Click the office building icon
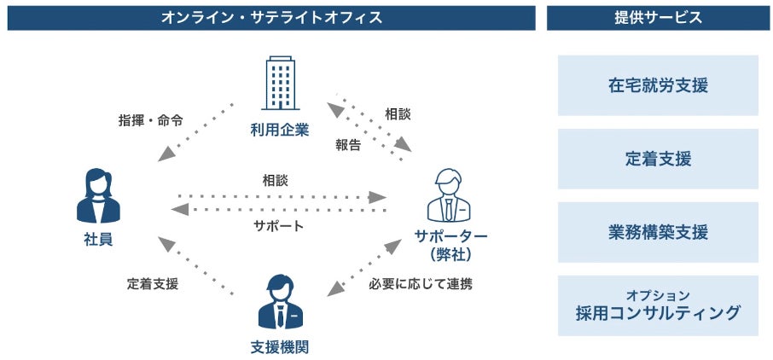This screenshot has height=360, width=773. point(279,85)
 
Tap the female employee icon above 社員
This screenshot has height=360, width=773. point(99,196)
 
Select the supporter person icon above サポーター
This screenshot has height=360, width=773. point(449,195)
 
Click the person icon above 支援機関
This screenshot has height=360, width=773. point(280,302)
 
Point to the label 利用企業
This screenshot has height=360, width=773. point(279,130)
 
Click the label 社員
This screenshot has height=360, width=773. point(98,240)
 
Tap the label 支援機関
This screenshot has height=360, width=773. point(279,345)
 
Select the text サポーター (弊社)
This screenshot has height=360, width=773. point(450,245)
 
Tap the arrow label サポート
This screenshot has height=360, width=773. point(278,226)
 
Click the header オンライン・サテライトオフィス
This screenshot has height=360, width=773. point(271,17)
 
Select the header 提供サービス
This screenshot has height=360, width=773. point(658,17)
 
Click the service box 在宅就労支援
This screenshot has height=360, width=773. point(658,85)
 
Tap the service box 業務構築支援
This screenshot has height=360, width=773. point(658,232)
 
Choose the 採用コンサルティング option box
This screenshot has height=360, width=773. point(658,305)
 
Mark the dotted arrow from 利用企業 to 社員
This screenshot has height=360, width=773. point(196,131)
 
